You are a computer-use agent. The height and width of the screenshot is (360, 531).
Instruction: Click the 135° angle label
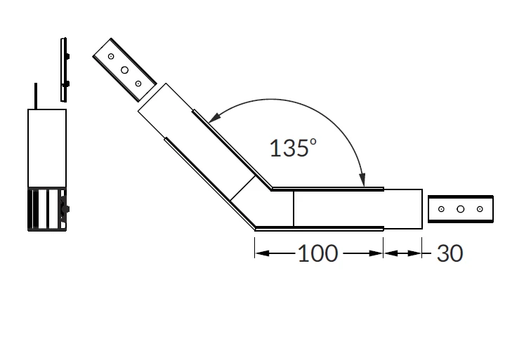[293, 148]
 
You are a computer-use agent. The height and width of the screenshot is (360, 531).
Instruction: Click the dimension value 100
[317, 253]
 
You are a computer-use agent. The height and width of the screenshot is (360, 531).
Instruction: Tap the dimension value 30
[450, 253]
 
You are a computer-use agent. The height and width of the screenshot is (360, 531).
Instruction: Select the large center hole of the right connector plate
[460, 209]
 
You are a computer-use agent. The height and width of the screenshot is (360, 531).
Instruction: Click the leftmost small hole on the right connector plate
[441, 209]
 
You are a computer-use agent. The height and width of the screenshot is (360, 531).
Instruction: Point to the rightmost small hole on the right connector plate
[480, 209]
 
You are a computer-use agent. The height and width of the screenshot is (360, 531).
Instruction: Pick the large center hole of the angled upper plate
[124, 70]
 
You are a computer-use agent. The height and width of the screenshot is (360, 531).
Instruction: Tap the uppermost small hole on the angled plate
[111, 56]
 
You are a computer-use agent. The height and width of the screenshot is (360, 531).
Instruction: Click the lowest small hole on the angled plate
[138, 84]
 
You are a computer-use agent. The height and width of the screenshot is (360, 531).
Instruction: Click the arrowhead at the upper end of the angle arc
[214, 117]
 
